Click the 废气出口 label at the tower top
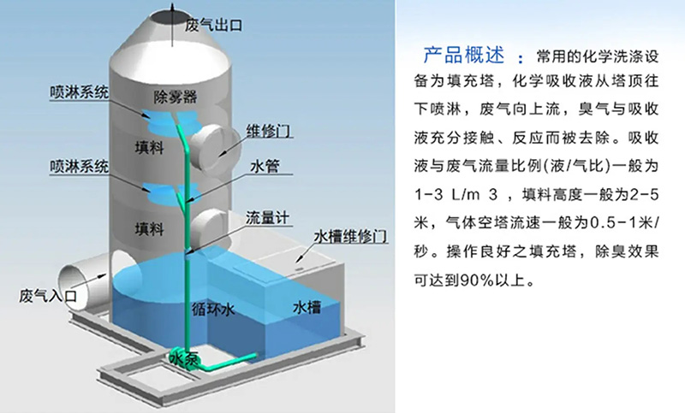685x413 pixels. coord(213,25)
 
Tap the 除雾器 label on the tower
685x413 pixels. coord(176,97)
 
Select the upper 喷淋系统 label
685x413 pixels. coord(79,92)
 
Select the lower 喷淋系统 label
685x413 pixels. coord(79,166)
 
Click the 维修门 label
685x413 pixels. coord(269,131)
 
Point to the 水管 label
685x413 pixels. coord(265,166)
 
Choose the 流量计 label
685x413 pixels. coord(267,218)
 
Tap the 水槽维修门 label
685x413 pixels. coord(350,236)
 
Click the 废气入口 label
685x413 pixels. coord(48,296)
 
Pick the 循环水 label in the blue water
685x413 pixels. coord(213,310)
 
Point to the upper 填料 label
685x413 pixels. coord(149,147)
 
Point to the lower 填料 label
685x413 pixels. coord(149,228)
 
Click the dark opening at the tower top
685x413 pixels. coord(171,18)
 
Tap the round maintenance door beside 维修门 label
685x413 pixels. coord(217,145)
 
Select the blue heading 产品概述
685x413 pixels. coord(463,56)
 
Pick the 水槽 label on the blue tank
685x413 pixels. coord(307,307)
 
